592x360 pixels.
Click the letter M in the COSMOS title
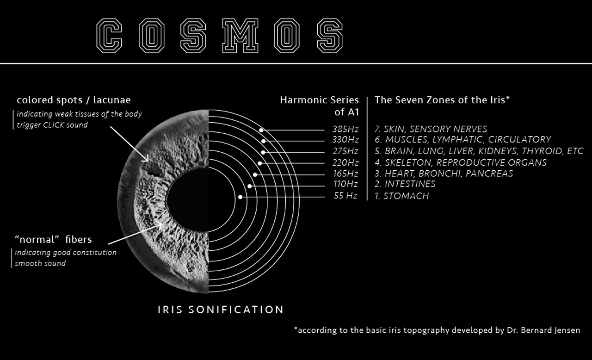pos(240,36)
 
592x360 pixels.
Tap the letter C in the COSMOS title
pos(109,36)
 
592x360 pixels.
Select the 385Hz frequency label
pos(345,129)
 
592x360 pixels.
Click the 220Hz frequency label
pos(345,162)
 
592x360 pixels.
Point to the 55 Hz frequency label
pos(345,196)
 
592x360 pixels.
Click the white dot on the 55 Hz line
pos(240,197)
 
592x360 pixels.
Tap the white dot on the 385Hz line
pos(261,130)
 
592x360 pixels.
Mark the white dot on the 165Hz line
pos(255,175)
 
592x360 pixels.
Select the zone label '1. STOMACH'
pos(402,196)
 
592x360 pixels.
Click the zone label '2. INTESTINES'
pos(405,184)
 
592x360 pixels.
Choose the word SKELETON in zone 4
pos(408,162)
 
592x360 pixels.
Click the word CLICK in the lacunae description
pos(54,125)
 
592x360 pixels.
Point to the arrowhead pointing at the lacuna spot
pos(146,159)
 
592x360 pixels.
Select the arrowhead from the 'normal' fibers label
pos(159,225)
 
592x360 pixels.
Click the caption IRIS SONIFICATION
pos(221,310)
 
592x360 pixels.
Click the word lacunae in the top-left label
pos(112,100)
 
